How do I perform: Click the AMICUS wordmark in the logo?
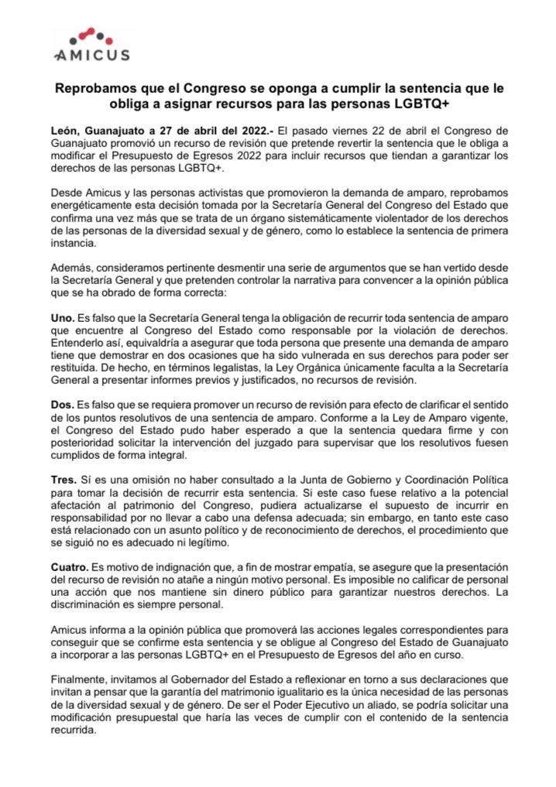(92, 55)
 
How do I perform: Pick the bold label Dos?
(63, 405)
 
